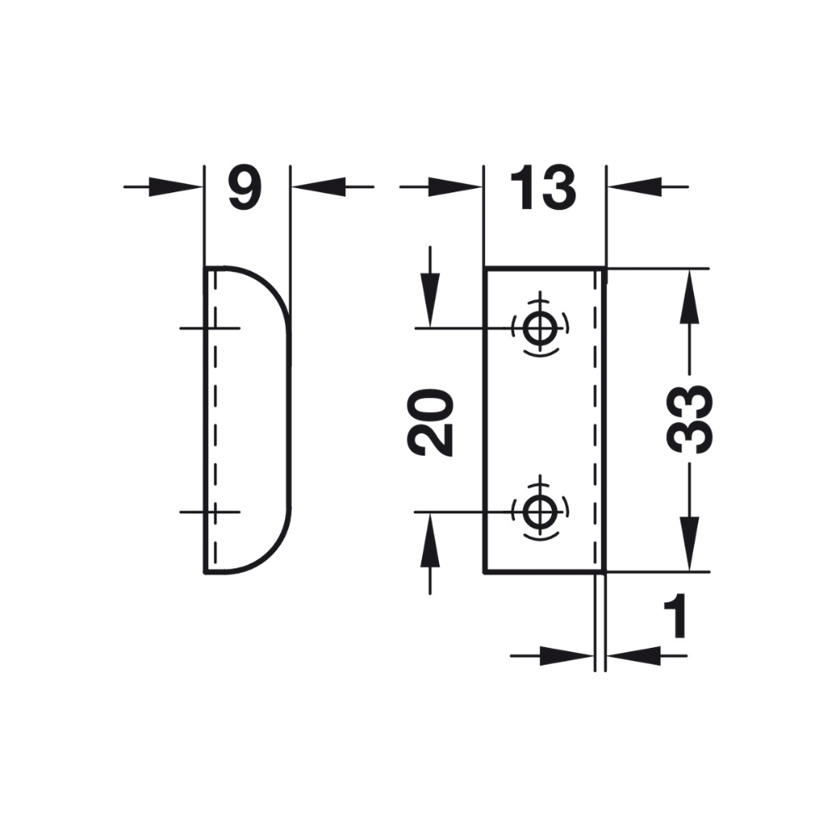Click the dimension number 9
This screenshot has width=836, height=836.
245,187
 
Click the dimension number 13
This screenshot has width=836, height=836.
543,187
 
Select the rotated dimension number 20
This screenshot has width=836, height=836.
431,422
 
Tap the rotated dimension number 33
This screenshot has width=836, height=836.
690,419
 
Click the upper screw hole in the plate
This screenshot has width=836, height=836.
540,328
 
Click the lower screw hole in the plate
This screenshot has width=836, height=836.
540,512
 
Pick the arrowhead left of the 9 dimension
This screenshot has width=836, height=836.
176,186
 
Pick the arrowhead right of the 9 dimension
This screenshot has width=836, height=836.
319,186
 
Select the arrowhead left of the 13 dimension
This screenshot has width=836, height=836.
456,186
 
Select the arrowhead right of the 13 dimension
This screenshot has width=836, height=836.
635,186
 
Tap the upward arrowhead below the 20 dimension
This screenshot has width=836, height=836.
430,539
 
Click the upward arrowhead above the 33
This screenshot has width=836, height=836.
690,296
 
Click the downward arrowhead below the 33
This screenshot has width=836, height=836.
690,544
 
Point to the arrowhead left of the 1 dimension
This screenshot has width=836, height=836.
568,655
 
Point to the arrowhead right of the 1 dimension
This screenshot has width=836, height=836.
634,655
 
